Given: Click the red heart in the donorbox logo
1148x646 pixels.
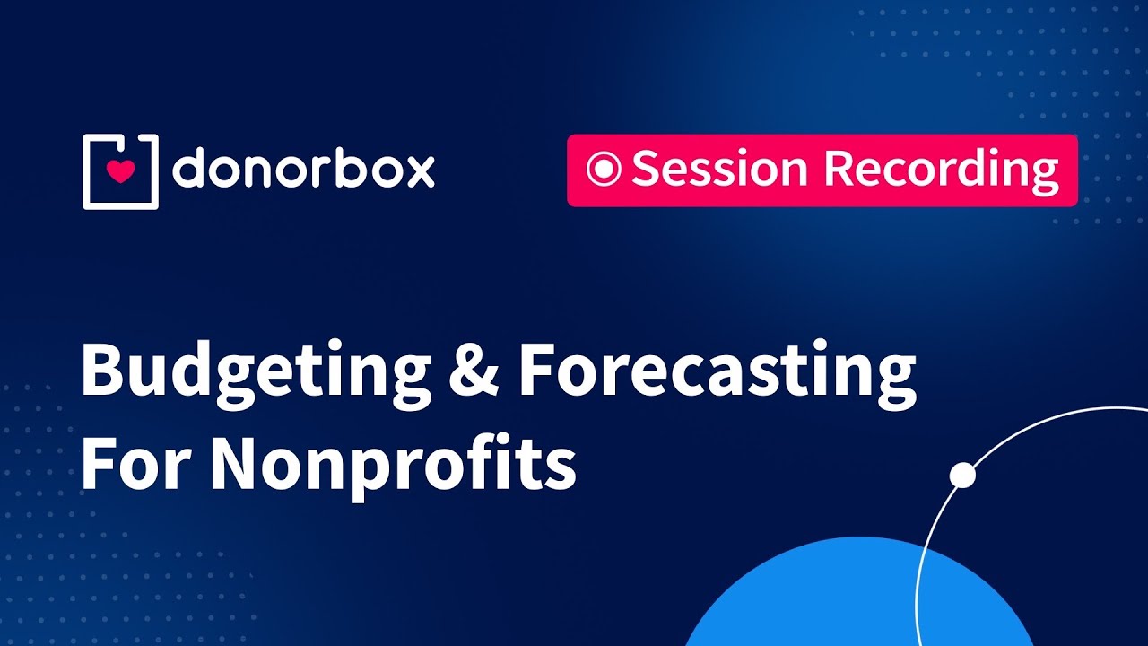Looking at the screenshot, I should [x=119, y=170].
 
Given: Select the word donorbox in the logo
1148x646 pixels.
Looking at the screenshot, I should [x=303, y=170].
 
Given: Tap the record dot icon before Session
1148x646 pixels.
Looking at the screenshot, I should [x=604, y=169].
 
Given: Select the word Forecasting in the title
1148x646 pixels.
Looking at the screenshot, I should [x=717, y=372].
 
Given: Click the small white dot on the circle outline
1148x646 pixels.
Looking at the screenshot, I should [x=962, y=476].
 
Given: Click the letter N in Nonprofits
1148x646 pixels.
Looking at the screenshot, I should [x=236, y=463].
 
